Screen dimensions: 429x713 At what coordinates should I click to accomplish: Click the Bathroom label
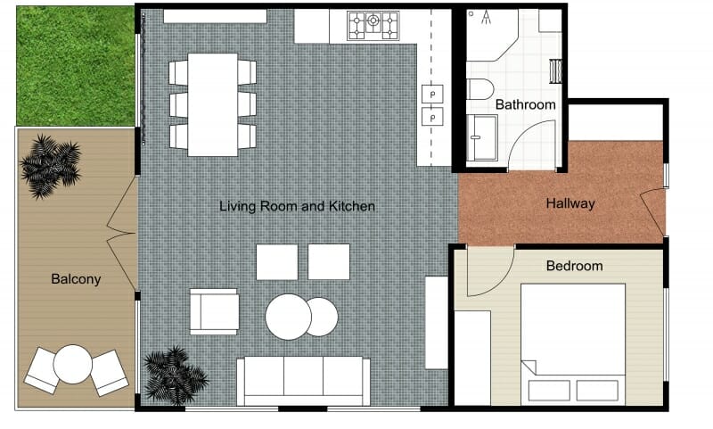[525, 104]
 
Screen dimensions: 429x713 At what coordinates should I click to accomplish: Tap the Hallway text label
[570, 203]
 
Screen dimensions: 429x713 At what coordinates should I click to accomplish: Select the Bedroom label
[574, 266]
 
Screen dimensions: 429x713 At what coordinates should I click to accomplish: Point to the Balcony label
[76, 279]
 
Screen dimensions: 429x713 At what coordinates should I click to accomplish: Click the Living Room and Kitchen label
[297, 206]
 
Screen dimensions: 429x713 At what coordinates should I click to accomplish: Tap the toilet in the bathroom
[480, 89]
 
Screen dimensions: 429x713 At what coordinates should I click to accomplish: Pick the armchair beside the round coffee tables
[213, 311]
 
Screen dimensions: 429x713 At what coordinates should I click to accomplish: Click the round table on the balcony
[72, 364]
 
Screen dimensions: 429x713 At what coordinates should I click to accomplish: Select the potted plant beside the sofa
[170, 374]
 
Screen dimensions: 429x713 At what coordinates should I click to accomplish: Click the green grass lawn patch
[75, 66]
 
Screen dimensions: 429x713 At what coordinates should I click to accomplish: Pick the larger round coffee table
[288, 317]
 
